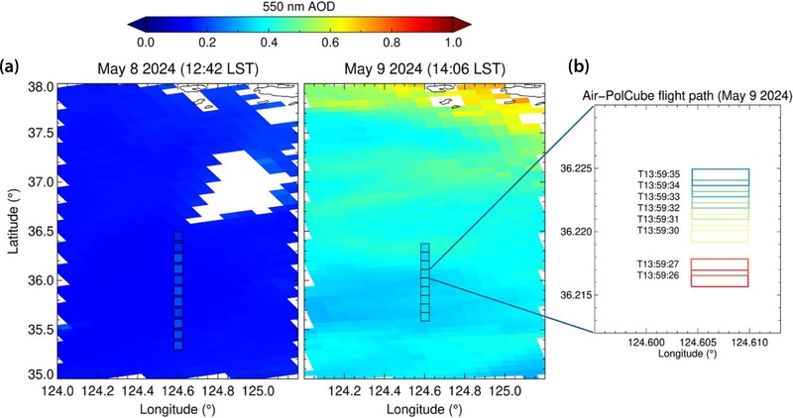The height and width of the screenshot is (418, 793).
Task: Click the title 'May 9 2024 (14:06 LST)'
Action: coord(424,66)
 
